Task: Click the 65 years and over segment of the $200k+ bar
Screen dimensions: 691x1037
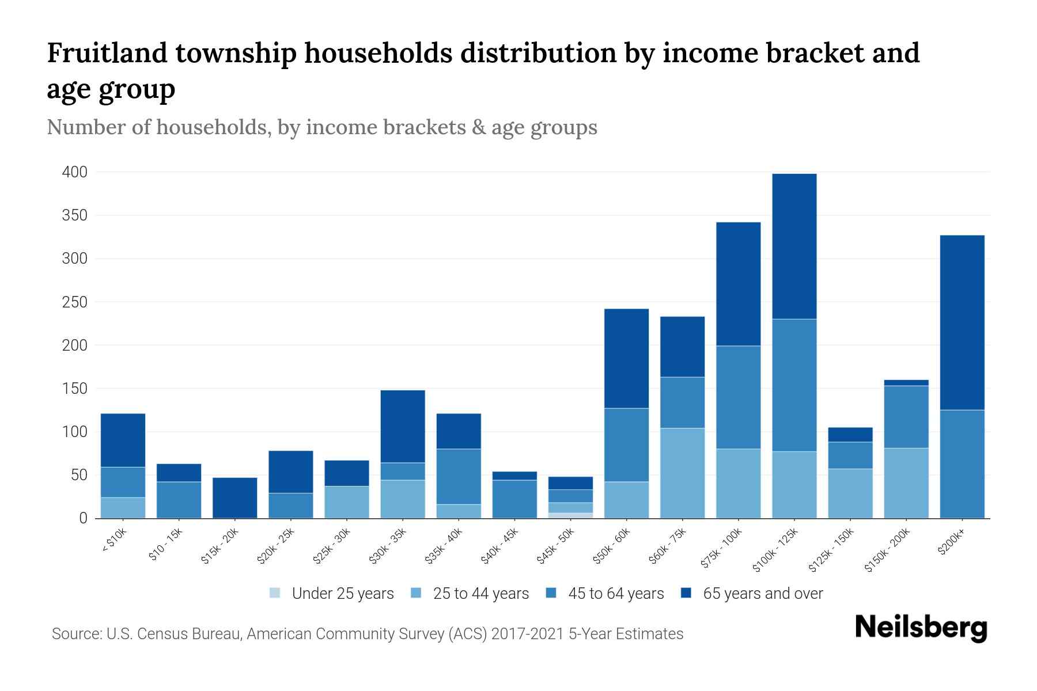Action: tap(962, 322)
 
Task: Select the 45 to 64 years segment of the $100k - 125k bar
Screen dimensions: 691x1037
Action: tap(794, 385)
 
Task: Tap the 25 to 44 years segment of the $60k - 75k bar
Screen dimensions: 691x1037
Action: tap(682, 473)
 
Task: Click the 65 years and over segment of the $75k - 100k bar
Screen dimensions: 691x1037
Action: tap(738, 284)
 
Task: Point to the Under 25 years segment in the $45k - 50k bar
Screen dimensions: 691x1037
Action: tap(570, 515)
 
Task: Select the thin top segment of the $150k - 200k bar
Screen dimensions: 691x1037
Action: tap(906, 383)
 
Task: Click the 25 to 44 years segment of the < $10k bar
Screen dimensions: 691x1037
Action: tap(123, 507)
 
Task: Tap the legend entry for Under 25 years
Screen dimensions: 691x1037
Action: tap(332, 594)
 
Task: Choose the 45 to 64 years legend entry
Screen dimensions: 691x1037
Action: tap(605, 594)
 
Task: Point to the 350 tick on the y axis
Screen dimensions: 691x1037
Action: tap(75, 215)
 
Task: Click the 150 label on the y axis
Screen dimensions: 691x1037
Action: tap(75, 389)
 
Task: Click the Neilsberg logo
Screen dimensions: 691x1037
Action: tap(921, 628)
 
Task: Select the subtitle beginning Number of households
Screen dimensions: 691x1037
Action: tap(321, 127)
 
